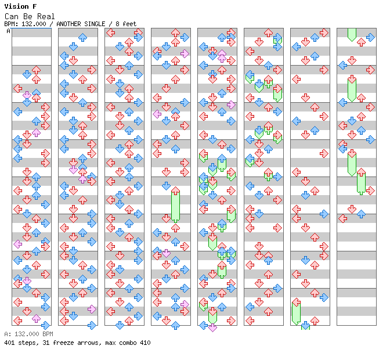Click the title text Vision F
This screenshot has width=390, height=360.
tap(20, 6)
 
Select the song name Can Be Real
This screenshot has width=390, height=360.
tap(30, 16)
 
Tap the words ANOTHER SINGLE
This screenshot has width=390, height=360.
tap(81, 24)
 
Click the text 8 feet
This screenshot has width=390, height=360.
tap(126, 24)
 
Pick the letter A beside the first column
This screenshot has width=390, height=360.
tap(8, 31)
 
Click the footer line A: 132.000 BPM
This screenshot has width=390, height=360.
tap(28, 334)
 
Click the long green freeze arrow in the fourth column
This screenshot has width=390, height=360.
tap(175, 204)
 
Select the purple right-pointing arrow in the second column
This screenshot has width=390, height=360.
tap(92, 309)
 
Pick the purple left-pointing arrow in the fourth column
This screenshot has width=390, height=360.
tap(157, 114)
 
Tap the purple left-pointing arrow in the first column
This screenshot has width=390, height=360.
tap(17, 244)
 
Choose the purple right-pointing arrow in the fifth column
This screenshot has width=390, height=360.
tap(231, 105)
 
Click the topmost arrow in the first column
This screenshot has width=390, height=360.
tap(36, 70)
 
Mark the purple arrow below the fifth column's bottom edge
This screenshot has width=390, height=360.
tap(212, 327)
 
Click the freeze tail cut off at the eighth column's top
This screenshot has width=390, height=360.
tap(352, 35)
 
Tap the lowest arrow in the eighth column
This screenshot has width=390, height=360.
tap(343, 219)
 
